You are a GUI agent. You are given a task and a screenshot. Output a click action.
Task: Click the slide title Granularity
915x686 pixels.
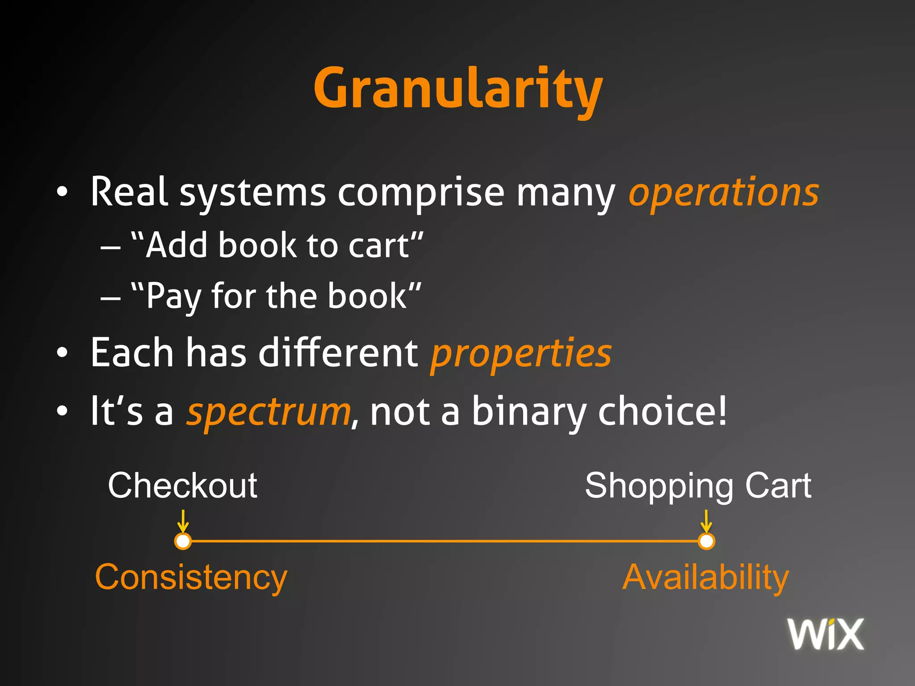point(458,88)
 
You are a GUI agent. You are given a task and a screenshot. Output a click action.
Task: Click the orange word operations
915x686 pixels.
point(724,193)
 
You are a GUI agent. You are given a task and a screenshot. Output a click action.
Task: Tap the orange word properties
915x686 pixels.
point(521,354)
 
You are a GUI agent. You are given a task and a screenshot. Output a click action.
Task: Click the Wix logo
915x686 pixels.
point(825,634)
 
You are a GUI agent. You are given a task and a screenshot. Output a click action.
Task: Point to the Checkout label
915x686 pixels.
point(182,485)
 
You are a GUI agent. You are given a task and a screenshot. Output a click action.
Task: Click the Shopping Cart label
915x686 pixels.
point(698,485)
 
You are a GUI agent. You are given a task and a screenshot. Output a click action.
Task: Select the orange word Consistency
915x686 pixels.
point(191,577)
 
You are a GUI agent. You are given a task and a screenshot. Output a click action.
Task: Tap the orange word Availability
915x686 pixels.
point(705,577)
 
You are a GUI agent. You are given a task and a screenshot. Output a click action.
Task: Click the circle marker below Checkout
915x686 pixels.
point(183,541)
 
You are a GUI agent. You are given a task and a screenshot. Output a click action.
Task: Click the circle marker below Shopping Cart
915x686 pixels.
point(706,541)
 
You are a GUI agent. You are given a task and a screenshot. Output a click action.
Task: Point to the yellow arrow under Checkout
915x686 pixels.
point(183,521)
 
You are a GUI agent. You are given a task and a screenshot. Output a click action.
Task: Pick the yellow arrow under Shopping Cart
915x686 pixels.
point(706,521)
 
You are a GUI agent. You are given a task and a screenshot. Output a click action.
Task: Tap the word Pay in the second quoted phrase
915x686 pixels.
point(173,297)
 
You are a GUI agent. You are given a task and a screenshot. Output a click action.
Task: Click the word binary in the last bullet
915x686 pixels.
point(529,412)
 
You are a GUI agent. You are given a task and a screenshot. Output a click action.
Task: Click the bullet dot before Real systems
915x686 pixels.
point(62,192)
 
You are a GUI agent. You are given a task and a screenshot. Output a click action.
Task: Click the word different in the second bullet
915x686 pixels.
point(338,353)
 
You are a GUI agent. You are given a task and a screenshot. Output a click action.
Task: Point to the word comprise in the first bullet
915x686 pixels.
point(421,193)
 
